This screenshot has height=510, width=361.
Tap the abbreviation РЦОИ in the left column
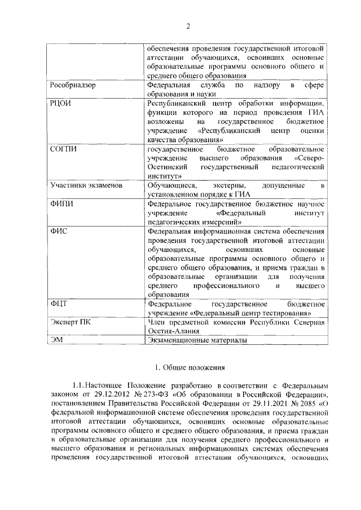[61, 104]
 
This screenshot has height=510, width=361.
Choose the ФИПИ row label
[62, 203]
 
